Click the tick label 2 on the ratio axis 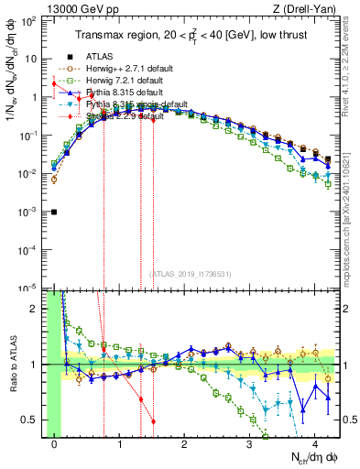tap(37, 309)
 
